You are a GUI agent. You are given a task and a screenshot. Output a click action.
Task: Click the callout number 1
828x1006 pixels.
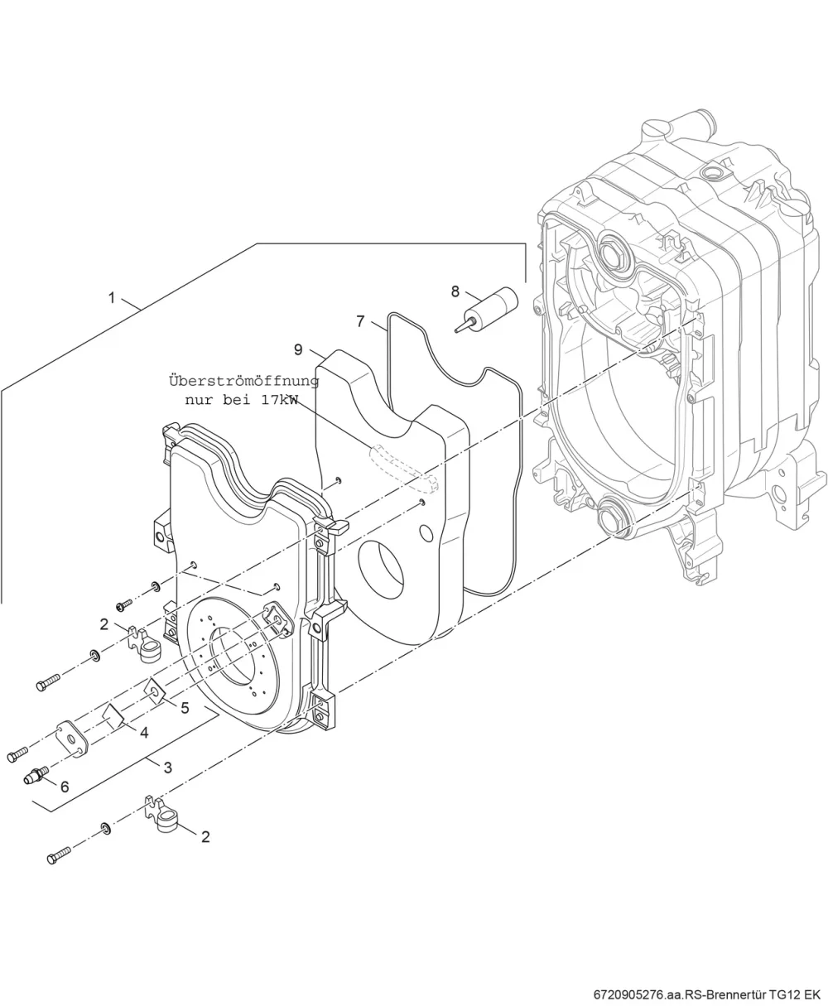(112, 298)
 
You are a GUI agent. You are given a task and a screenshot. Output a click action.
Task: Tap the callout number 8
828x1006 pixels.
(455, 291)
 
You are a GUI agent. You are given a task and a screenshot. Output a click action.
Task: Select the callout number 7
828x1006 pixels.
(360, 321)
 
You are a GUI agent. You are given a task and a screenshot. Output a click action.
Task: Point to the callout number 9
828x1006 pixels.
(298, 349)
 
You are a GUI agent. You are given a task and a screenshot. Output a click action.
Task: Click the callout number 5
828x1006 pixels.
(185, 708)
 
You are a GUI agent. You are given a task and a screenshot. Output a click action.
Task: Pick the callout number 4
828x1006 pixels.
(144, 732)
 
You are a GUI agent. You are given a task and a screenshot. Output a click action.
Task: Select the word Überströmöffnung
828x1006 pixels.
(243, 381)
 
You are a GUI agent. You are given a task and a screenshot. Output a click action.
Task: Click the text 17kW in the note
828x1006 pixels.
(279, 400)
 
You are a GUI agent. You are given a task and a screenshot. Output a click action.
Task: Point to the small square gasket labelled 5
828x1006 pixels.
(155, 691)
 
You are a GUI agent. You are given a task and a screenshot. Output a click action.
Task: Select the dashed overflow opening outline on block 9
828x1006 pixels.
(404, 468)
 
